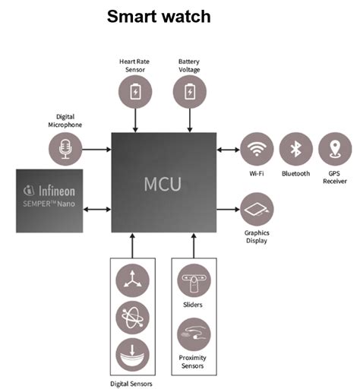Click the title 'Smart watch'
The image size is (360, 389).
click(159, 16)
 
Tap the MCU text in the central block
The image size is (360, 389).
click(163, 184)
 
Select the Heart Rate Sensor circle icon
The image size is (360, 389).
click(135, 91)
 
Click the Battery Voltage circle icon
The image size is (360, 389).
click(189, 91)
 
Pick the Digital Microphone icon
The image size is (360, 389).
click(65, 149)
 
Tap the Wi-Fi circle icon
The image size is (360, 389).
click(257, 149)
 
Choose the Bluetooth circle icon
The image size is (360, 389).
click(295, 149)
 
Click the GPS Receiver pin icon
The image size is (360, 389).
click(335, 149)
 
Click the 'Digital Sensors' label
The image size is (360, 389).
click(132, 384)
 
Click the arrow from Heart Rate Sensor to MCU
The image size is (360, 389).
click(135, 119)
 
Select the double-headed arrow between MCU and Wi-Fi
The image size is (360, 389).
click(227, 149)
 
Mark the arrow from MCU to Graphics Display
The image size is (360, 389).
click(227, 209)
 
